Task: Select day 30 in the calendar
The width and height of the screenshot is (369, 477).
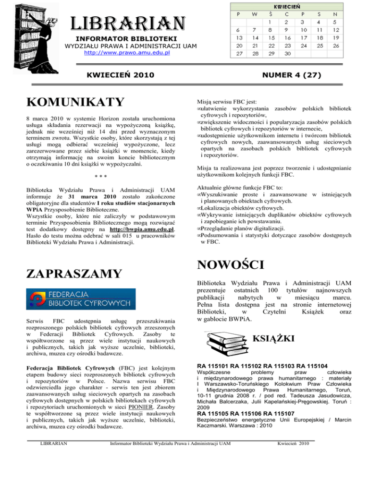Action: (x=288, y=53)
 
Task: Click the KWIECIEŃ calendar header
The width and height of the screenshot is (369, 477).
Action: (x=288, y=7)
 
